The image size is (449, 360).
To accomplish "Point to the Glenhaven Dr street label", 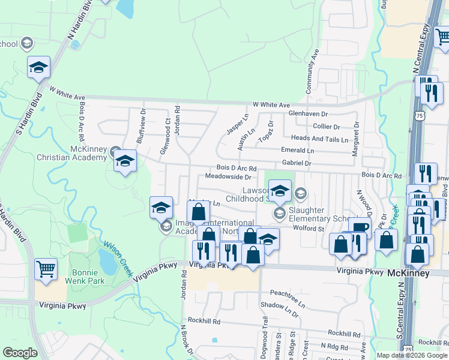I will click(x=308, y=113).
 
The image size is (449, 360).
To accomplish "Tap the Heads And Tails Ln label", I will click(x=319, y=139).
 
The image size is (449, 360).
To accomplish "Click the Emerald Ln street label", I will click(x=298, y=151).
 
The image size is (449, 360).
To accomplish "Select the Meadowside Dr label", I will click(x=228, y=177).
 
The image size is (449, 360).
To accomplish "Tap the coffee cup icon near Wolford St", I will click(x=359, y=227).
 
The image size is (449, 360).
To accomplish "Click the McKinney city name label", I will click(x=409, y=273).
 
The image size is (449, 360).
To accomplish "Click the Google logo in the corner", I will click(x=20, y=353).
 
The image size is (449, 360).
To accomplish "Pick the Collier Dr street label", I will click(x=327, y=127).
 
